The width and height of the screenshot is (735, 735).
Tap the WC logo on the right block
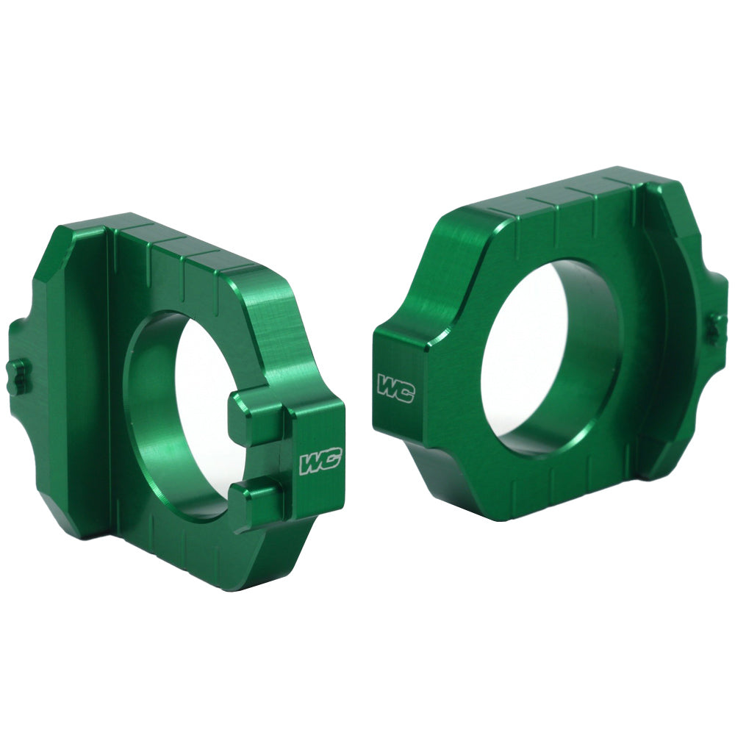[395, 387]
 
